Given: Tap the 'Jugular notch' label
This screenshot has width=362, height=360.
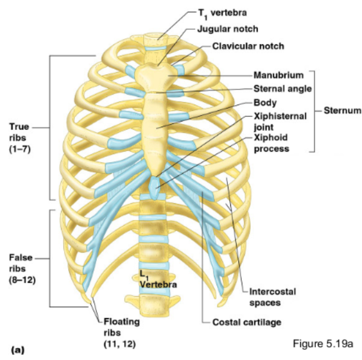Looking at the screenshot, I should tap(229, 29).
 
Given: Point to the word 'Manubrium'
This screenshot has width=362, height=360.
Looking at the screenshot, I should tap(279, 75).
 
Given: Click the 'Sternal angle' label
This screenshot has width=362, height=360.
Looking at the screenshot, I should tap(283, 89).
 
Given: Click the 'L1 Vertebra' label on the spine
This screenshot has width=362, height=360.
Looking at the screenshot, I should tap(157, 280).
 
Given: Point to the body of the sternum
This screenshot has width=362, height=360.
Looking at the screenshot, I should tap(157, 129).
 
